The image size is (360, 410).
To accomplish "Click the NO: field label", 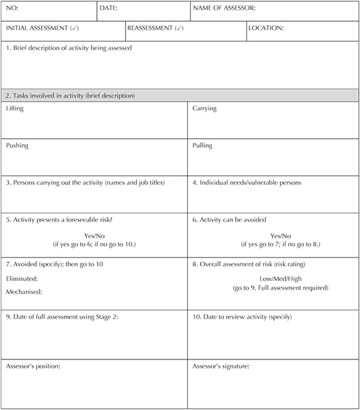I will click(12, 9).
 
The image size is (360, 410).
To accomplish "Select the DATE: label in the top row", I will click(109, 9).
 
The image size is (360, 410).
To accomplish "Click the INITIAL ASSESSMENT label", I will click(41, 29).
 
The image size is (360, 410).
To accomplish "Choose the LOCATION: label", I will click(266, 29).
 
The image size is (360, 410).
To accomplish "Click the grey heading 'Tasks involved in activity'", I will click(70, 95).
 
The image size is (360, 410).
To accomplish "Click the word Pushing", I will click(16, 146).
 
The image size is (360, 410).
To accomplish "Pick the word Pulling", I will click(202, 146).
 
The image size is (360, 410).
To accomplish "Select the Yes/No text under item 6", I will click(281, 236).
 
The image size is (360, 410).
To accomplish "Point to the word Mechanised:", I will click(24, 292).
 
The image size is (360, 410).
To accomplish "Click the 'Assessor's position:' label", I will click(33, 366).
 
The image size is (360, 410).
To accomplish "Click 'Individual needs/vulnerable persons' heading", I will click(247, 182).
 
